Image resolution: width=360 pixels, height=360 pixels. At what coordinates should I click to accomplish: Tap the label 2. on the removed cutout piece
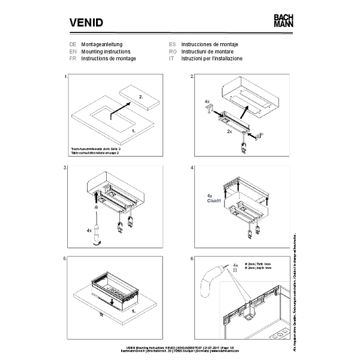140,96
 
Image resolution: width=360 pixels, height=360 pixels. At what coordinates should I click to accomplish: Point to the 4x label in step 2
208,102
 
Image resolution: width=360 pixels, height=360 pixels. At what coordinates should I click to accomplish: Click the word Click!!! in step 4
214,202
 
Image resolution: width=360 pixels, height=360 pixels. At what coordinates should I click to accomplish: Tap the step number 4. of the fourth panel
192,167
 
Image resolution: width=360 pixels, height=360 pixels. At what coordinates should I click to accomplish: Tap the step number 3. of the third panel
65,167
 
